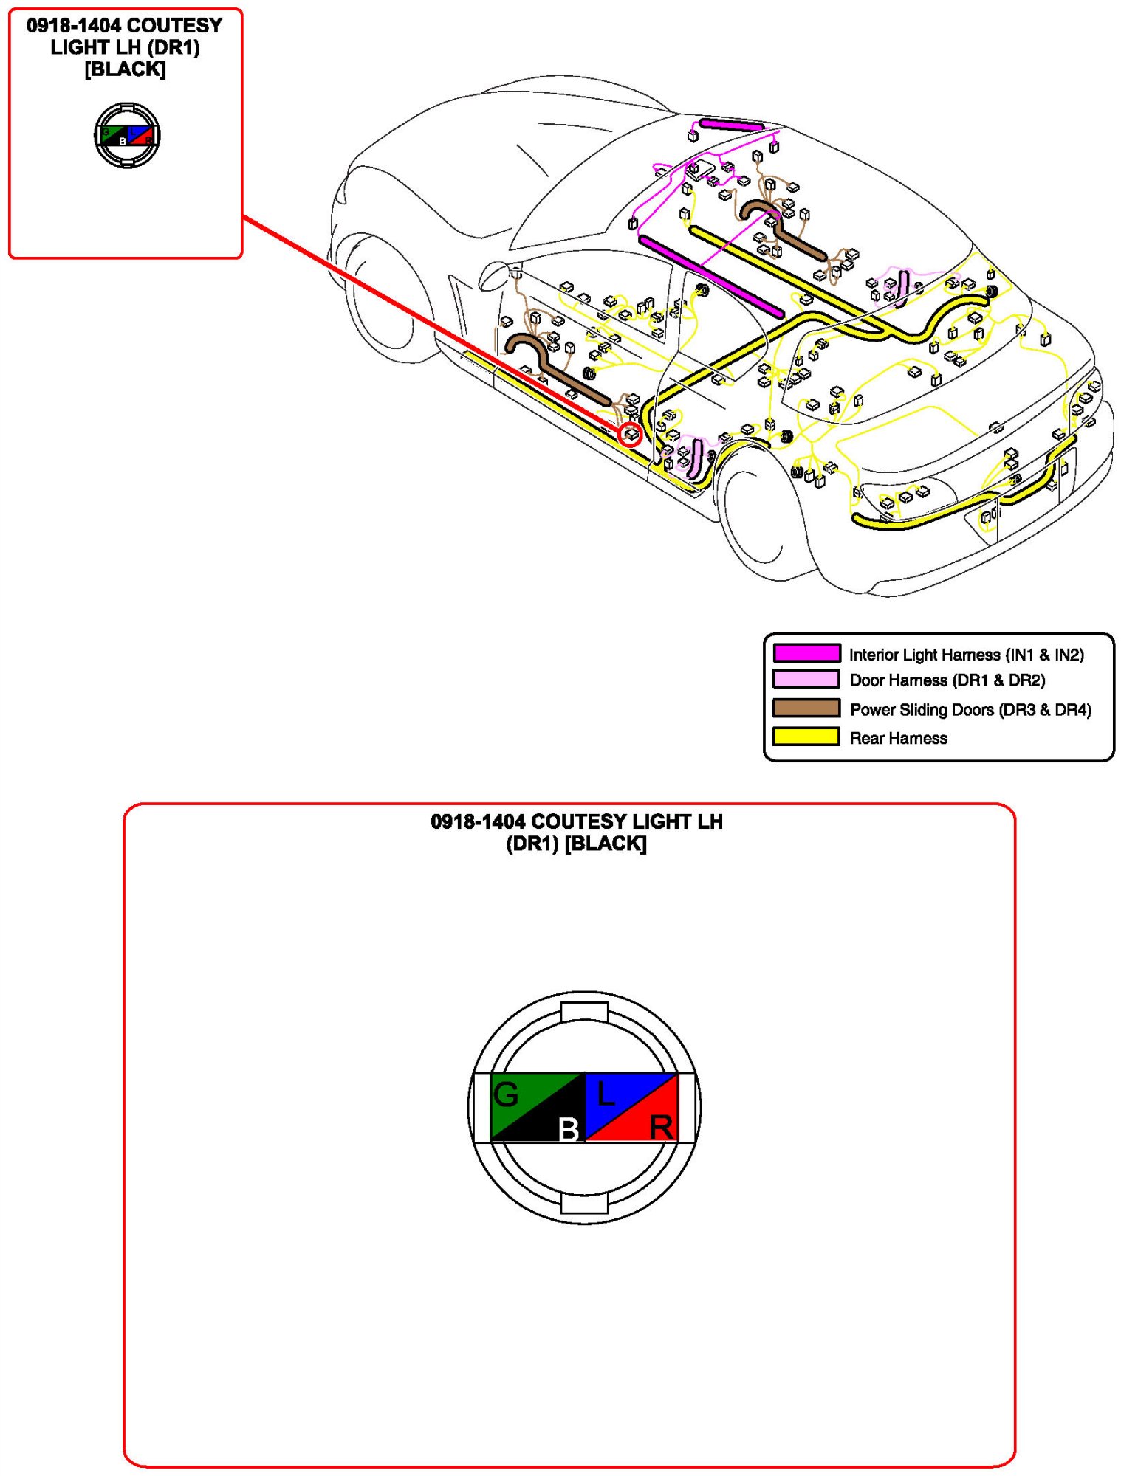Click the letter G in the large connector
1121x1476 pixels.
point(507,1094)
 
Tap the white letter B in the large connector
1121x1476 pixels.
point(568,1128)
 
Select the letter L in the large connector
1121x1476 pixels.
point(606,1094)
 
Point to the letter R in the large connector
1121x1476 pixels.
point(661,1128)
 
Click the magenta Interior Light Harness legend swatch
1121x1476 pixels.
point(806,653)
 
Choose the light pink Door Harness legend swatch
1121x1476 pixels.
point(806,679)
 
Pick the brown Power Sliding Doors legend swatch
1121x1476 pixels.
point(806,708)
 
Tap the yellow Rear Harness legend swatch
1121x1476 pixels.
point(806,737)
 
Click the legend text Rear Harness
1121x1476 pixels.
point(898,738)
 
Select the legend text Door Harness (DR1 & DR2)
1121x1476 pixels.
point(947,680)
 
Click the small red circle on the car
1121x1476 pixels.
point(630,435)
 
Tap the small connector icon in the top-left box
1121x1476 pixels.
point(127,135)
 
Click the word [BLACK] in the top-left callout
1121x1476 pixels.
point(125,69)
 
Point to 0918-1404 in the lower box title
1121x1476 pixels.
point(477,821)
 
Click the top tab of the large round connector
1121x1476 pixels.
point(584,1012)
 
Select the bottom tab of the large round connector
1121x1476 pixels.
point(584,1204)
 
